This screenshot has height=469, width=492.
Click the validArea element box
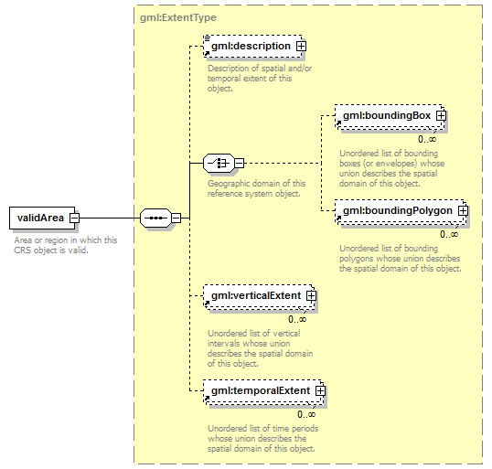pyautogui.click(x=42, y=218)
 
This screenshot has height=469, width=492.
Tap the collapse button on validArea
pyautogui.click(x=74, y=218)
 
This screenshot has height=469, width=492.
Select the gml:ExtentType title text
pyautogui.click(x=178, y=17)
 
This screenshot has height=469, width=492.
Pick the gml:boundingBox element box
pyautogui.click(x=390, y=116)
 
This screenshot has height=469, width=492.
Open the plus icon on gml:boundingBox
pyautogui.click(x=441, y=116)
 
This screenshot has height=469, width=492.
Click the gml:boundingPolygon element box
pyautogui.click(x=400, y=211)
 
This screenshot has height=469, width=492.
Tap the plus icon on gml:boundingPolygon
pyautogui.click(x=463, y=211)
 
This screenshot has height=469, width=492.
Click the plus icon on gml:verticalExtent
pyautogui.click(x=311, y=296)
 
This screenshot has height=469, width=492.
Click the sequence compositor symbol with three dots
pyautogui.click(x=155, y=218)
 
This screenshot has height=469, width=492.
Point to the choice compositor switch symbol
pyautogui.click(x=219, y=163)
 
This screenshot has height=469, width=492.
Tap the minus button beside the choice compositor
pyautogui.click(x=239, y=163)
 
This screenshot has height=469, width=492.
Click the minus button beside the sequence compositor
pyautogui.click(x=176, y=218)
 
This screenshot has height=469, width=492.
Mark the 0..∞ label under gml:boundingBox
pyautogui.click(x=427, y=139)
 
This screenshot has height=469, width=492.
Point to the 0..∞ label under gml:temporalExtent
pyautogui.click(x=306, y=414)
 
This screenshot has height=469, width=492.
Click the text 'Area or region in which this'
pyautogui.click(x=66, y=240)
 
